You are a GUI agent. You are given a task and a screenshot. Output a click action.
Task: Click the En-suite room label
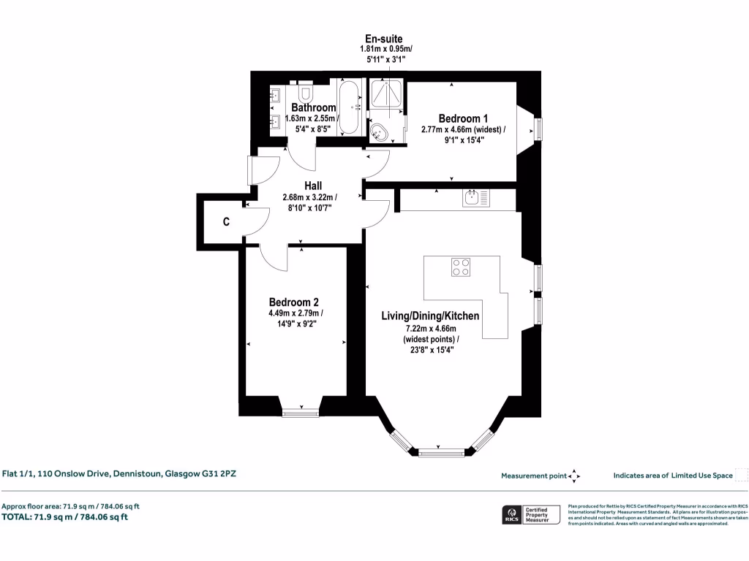[384, 39]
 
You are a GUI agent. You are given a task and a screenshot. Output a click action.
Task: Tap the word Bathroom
[313, 107]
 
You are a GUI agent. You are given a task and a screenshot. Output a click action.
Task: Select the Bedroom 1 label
[463, 118]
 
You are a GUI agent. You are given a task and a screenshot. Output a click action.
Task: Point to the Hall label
[313, 186]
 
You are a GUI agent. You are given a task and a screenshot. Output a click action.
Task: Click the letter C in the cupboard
[227, 222]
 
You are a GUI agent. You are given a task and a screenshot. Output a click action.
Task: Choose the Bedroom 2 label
[293, 302]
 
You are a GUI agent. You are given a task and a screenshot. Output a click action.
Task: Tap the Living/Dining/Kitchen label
[430, 316]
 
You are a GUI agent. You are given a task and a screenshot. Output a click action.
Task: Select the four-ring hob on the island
[461, 267]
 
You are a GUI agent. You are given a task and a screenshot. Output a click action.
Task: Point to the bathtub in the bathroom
[348, 107]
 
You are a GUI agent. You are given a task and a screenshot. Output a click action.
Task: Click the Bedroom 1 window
[540, 129]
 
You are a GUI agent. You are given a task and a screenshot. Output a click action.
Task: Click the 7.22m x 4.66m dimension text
[430, 329]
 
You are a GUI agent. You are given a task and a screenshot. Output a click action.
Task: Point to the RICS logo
[509, 515]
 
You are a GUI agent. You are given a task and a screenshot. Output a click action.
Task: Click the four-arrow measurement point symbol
[574, 476]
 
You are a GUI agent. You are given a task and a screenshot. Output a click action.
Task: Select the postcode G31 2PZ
[218, 473]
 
